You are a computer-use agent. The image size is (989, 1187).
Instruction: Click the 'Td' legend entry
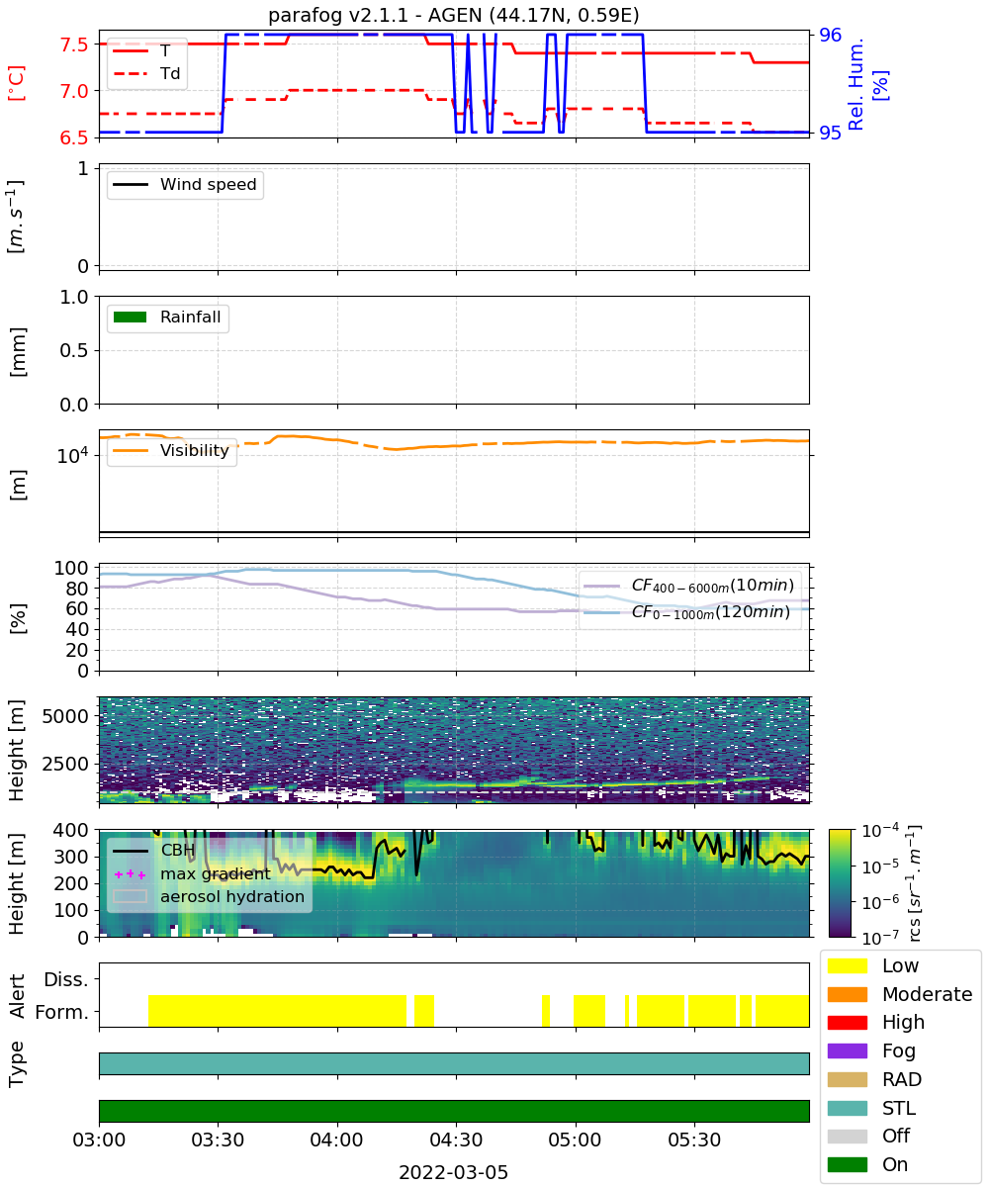pyautogui.click(x=146, y=73)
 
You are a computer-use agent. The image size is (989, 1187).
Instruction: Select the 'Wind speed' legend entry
pyautogui.click(x=185, y=184)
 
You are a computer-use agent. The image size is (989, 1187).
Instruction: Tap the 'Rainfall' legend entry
pyautogui.click(x=167, y=317)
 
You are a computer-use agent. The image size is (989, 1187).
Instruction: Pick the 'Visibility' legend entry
pyautogui.click(x=171, y=450)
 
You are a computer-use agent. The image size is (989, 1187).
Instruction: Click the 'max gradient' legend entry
pyautogui.click(x=192, y=873)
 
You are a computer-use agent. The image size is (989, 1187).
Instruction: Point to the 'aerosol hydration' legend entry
pyautogui.click(x=209, y=896)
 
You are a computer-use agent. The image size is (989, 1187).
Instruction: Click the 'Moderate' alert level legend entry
pyautogui.click(x=899, y=994)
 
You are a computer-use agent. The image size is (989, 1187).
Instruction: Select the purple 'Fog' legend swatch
pyautogui.click(x=847, y=1050)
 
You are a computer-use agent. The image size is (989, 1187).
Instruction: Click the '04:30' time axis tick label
pyautogui.click(x=456, y=1140)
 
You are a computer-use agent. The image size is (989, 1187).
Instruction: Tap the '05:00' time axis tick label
pyautogui.click(x=575, y=1140)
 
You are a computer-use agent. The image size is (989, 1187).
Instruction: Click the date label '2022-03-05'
pyautogui.click(x=453, y=1172)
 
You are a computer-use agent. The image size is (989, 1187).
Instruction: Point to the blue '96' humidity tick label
pyautogui.click(x=830, y=35)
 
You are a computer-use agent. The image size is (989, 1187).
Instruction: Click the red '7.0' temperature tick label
pyautogui.click(x=74, y=91)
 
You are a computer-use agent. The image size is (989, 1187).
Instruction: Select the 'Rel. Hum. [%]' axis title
pyautogui.click(x=867, y=85)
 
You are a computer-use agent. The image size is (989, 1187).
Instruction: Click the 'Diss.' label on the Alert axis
pyautogui.click(x=66, y=979)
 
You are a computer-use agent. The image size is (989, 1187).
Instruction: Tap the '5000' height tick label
pyautogui.click(x=65, y=716)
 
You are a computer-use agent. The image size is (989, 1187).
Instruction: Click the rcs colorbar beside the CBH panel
pyautogui.click(x=840, y=883)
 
